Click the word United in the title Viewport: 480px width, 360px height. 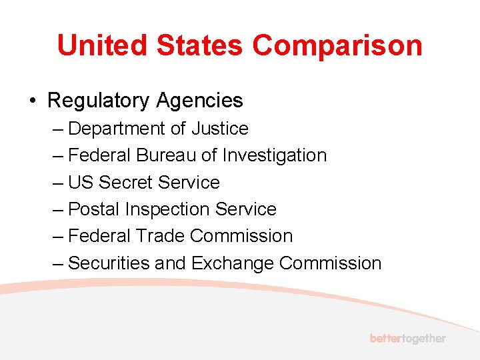tap(101, 46)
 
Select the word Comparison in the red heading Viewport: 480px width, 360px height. tap(337, 46)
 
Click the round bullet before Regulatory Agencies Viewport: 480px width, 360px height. tap(32, 101)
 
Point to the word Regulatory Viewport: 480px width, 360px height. tap(98, 101)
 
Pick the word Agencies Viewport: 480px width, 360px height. tap(199, 101)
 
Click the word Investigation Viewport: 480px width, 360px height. tap(275, 155)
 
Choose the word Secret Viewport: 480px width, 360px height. tap(125, 183)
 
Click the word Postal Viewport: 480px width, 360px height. tap(93, 209)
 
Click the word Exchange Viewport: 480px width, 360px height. tap(233, 263)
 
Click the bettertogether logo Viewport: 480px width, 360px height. tap(407, 338)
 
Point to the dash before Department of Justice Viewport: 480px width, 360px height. tap(57, 128)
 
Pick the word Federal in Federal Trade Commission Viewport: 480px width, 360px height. tap(99, 236)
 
